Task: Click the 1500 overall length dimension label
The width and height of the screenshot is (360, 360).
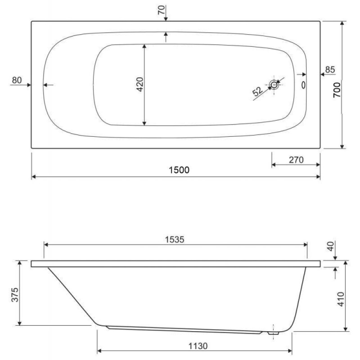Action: point(179,170)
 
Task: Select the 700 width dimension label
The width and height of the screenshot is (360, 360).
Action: point(337,90)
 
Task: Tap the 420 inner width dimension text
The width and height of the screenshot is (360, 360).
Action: point(140,84)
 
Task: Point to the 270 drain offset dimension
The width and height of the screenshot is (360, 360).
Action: point(296,160)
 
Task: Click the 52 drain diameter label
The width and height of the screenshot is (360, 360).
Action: point(257,91)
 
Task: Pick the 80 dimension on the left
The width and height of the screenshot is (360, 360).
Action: point(17,80)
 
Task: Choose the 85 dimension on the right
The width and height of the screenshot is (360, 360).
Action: point(330,70)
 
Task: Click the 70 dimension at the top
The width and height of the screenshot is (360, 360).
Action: point(162,10)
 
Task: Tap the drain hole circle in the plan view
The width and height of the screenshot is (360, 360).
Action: point(274,85)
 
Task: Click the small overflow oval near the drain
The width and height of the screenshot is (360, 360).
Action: point(303,85)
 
